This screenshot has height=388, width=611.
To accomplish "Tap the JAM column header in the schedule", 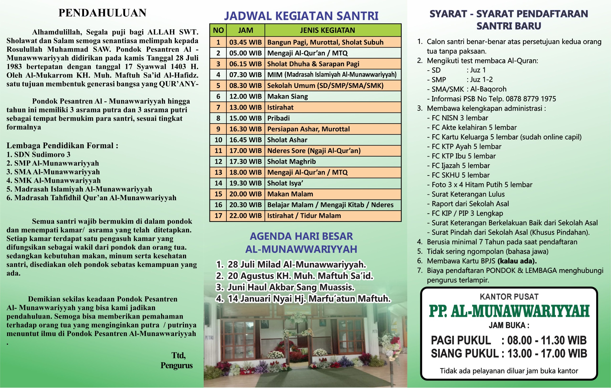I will click(245, 31).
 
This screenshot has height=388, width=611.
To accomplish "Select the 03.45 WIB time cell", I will click(245, 42).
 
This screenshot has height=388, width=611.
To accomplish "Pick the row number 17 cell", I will click(218, 216).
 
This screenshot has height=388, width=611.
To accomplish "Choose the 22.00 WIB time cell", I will click(245, 216).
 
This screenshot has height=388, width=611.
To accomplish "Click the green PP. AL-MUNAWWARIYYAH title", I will click(509, 311).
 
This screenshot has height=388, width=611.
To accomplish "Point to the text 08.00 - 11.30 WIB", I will click(547, 340).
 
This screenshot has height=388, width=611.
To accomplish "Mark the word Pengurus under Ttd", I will click(177, 365).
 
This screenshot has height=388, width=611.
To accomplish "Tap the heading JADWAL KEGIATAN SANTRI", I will click(301, 16).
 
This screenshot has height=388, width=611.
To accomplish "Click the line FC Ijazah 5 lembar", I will click(461, 166).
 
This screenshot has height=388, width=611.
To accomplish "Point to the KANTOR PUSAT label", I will click(509, 297).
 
